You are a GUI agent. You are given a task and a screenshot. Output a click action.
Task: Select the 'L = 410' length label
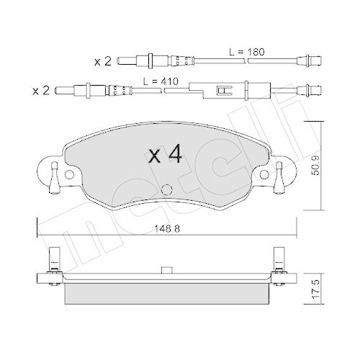click(x=161, y=82)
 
